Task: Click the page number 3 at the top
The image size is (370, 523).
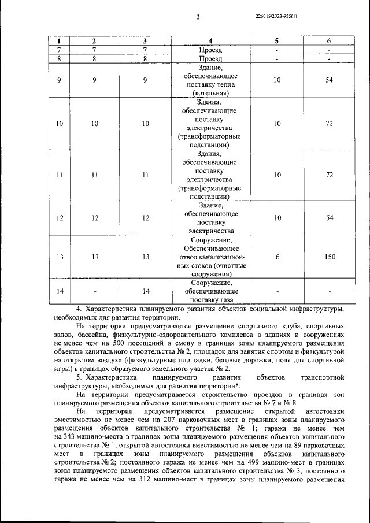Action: click(198, 17)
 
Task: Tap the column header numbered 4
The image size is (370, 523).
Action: click(210, 41)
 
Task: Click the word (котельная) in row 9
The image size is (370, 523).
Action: click(210, 93)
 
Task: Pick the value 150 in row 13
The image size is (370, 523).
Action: click(330, 257)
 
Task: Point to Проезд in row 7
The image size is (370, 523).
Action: click(210, 50)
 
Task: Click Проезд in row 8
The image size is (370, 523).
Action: click(210, 58)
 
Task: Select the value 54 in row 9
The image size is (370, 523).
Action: click(330, 80)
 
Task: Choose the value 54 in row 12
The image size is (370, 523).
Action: click(330, 218)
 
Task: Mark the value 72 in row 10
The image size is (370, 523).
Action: click(330, 124)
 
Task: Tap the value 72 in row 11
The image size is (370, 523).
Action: click(330, 175)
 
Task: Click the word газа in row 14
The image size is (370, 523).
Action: click(227, 300)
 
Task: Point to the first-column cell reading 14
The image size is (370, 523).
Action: click(60, 291)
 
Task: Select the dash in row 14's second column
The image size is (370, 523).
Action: click(95, 291)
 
